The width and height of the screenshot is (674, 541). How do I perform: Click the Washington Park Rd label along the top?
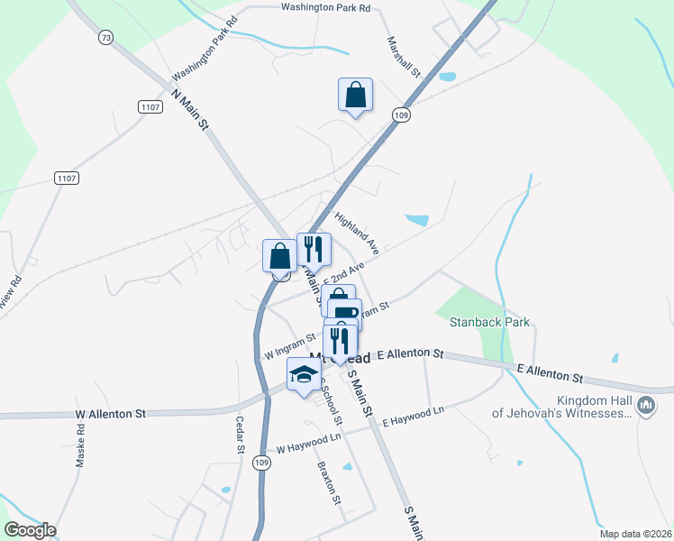coord(325,7)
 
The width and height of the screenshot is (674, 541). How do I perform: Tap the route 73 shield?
coord(107,37)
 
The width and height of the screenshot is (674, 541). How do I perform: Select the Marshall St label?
coord(405,56)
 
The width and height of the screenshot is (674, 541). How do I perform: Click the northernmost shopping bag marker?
coord(355,95)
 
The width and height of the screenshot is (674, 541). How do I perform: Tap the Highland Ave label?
coord(358,233)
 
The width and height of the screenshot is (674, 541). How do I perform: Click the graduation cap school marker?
coord(305,373)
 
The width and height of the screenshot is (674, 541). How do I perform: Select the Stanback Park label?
coord(482,322)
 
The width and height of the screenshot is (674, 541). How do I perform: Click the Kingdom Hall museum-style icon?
coord(645,407)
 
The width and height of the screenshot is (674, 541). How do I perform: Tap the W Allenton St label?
coord(111,415)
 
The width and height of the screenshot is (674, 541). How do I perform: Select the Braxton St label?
coord(330,482)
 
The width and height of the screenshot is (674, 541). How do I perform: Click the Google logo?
coord(30,530)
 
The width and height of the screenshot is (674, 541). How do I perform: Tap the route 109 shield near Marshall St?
coord(402,115)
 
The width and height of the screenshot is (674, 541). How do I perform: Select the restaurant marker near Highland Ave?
coord(314,249)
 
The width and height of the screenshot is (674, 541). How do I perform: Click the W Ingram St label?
coord(290,347)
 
